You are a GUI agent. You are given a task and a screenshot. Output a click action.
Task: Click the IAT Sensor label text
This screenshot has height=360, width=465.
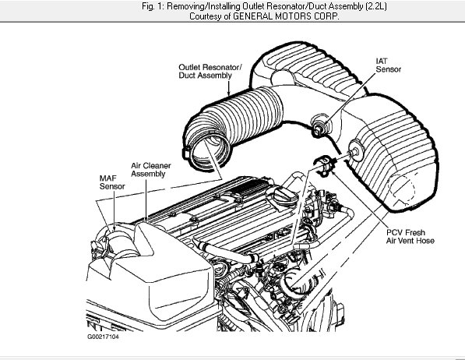pos(388,65)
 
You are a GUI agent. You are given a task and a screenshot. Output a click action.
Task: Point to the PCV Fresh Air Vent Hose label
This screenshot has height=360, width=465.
pos(410,236)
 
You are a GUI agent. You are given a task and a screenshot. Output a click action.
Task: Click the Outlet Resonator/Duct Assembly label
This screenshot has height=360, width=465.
pos(210,72)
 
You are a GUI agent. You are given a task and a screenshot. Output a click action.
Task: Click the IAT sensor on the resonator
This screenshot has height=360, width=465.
pos(319,125)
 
